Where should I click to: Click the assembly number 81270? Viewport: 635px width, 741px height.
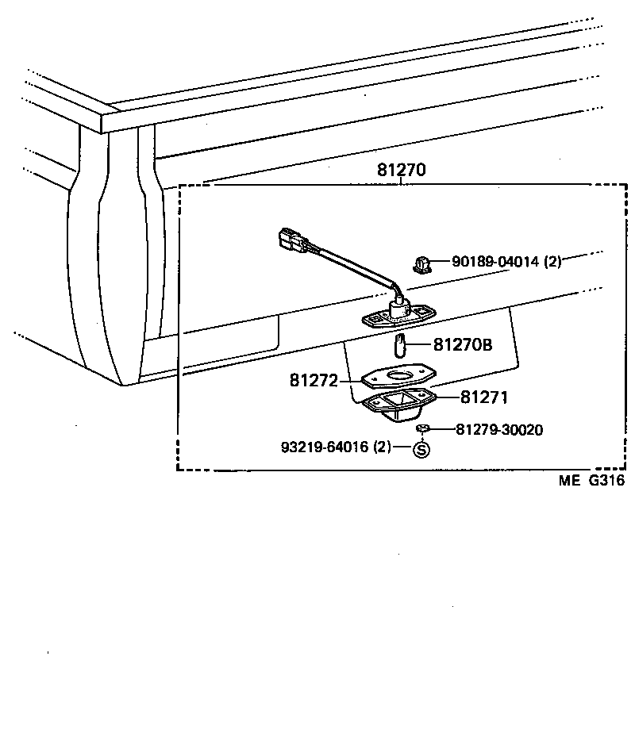[402, 170]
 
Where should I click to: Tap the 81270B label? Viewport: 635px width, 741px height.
[463, 345]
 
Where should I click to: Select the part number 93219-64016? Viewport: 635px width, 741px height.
[324, 447]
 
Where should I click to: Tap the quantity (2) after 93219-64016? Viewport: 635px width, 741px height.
[383, 447]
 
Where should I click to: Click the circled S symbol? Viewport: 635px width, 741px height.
[421, 449]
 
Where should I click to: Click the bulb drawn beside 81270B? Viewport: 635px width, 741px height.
[401, 346]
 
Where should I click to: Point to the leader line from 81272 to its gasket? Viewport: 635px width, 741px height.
[351, 381]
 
